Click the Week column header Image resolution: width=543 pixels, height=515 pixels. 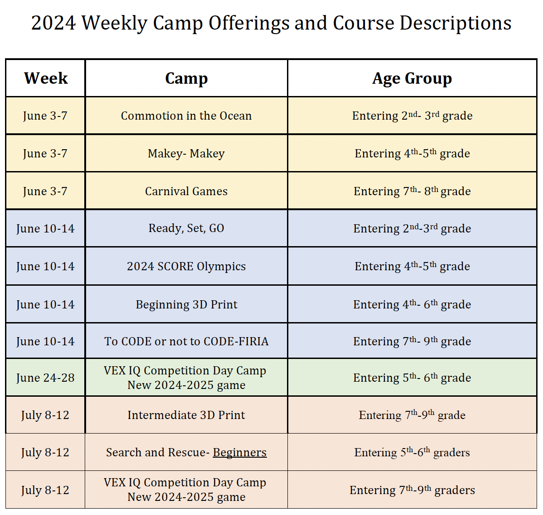click(46, 78)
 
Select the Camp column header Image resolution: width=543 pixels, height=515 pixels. click(186, 78)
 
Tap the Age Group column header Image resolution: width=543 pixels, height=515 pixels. click(412, 78)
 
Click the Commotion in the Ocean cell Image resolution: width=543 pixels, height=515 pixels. click(186, 116)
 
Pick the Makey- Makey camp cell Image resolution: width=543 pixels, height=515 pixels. click(186, 153)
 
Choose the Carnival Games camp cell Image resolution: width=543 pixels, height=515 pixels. click(186, 191)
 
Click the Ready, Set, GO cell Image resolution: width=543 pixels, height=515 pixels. click(186, 228)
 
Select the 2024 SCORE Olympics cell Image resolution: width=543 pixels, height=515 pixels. click(186, 266)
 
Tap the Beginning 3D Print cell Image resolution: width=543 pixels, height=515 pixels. click(186, 304)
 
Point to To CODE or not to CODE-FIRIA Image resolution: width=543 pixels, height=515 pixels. click(186, 341)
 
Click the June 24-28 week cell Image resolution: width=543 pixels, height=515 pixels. click(46, 378)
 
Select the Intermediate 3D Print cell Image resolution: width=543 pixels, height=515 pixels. click(186, 415)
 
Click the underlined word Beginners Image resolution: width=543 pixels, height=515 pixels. click(240, 452)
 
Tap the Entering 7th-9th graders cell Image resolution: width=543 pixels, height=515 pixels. click(412, 490)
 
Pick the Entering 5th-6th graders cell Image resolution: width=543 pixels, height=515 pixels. click(412, 452)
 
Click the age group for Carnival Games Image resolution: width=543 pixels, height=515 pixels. click(412, 191)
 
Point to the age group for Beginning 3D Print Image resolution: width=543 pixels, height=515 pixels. click(412, 304)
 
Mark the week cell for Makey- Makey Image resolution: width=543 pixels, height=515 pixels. click(46, 153)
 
